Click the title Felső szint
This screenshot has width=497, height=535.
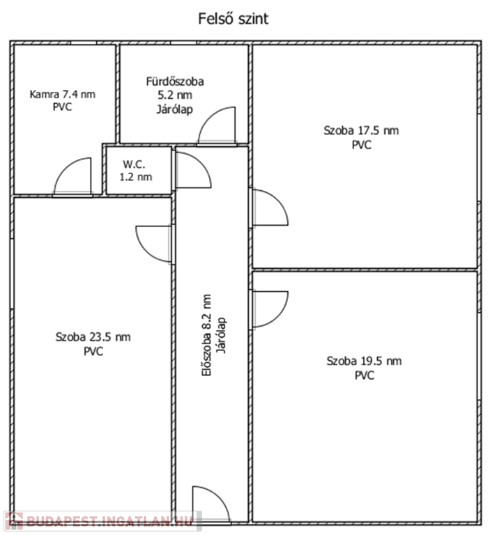233,19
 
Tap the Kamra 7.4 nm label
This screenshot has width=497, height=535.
63,94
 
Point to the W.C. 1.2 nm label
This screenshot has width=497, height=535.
135,171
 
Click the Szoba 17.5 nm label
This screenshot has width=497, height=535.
361,130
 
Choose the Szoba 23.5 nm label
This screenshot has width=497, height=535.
93,337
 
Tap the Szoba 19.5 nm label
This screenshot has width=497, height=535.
364,361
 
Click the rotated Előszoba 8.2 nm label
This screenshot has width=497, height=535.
206,335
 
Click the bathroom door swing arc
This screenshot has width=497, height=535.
217,126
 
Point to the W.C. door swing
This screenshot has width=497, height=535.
193,169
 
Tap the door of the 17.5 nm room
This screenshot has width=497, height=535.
270,207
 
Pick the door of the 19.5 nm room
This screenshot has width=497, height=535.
270,309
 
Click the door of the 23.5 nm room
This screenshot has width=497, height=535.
153,244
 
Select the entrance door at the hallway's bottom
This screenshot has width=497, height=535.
211,504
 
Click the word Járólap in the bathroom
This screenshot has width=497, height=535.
175,109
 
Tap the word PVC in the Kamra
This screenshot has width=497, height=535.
63,107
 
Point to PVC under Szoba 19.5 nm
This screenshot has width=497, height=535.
365,375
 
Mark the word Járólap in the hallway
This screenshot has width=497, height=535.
222,335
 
